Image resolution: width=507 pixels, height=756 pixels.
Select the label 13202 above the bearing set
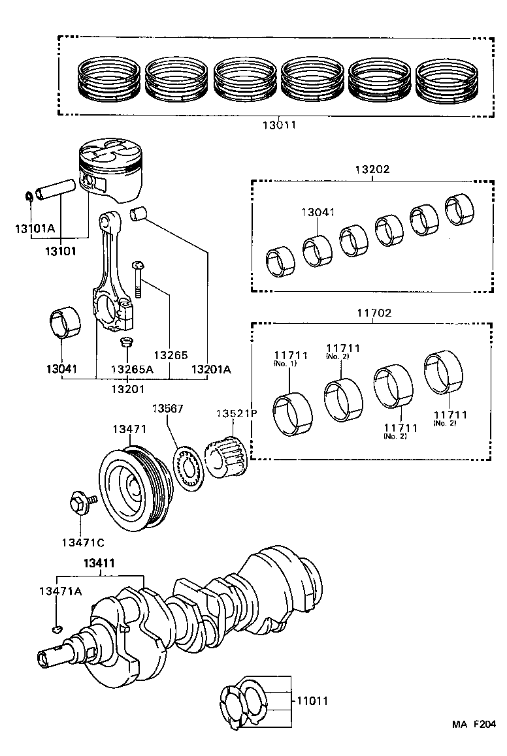372,169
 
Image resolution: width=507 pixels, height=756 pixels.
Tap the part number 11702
374,313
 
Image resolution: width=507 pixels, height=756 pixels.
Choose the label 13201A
211,369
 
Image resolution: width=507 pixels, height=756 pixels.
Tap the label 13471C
83,542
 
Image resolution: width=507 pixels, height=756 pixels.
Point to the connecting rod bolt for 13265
138,278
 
